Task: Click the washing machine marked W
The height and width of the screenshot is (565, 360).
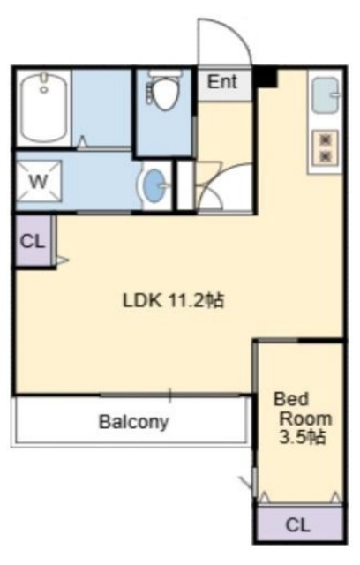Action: coord(37,182)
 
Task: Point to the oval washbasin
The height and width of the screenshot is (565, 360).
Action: coord(155,186)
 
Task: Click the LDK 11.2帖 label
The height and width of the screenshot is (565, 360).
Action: coord(173,300)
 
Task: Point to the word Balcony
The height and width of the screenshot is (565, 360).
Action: coord(132,421)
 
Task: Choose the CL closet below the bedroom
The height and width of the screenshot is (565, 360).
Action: coord(298,524)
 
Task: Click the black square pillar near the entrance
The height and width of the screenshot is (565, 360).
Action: coord(266,77)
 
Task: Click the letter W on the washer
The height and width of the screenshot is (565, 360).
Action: coord(37,182)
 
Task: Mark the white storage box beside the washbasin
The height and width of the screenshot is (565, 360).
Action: coord(185,185)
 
